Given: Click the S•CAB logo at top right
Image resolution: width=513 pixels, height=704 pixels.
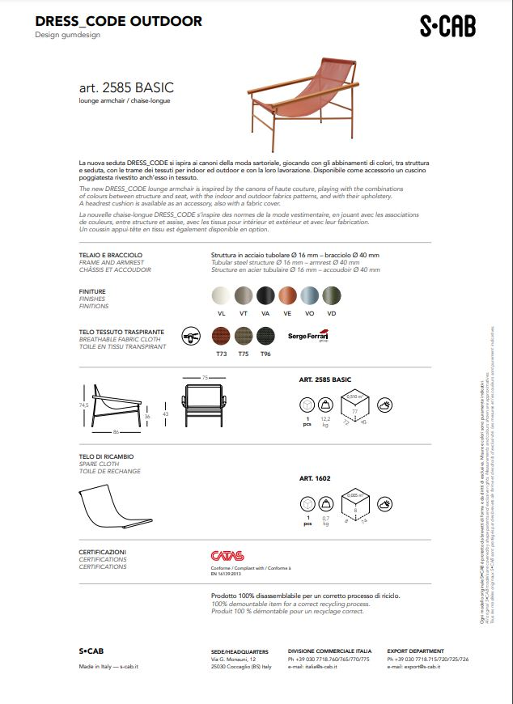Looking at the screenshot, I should tap(447, 27).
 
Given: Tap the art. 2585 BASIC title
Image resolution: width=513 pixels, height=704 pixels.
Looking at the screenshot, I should tap(126, 87).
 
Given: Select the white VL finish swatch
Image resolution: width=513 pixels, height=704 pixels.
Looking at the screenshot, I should tap(221, 295).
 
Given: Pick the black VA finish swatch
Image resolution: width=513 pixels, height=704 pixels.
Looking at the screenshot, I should tap(266, 295).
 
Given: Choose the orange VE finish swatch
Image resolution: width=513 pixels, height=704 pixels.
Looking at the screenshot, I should tap(288, 295).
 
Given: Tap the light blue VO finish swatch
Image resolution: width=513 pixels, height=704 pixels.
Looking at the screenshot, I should tap(310, 295).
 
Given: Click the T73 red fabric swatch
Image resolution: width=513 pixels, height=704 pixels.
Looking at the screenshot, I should tap(221, 336).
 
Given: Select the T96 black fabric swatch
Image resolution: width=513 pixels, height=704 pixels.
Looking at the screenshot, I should tap(265, 336).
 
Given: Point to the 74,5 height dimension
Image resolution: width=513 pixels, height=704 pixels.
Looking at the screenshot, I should tap(83, 405).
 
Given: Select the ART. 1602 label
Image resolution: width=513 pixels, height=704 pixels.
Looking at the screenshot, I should tap(316, 478).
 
